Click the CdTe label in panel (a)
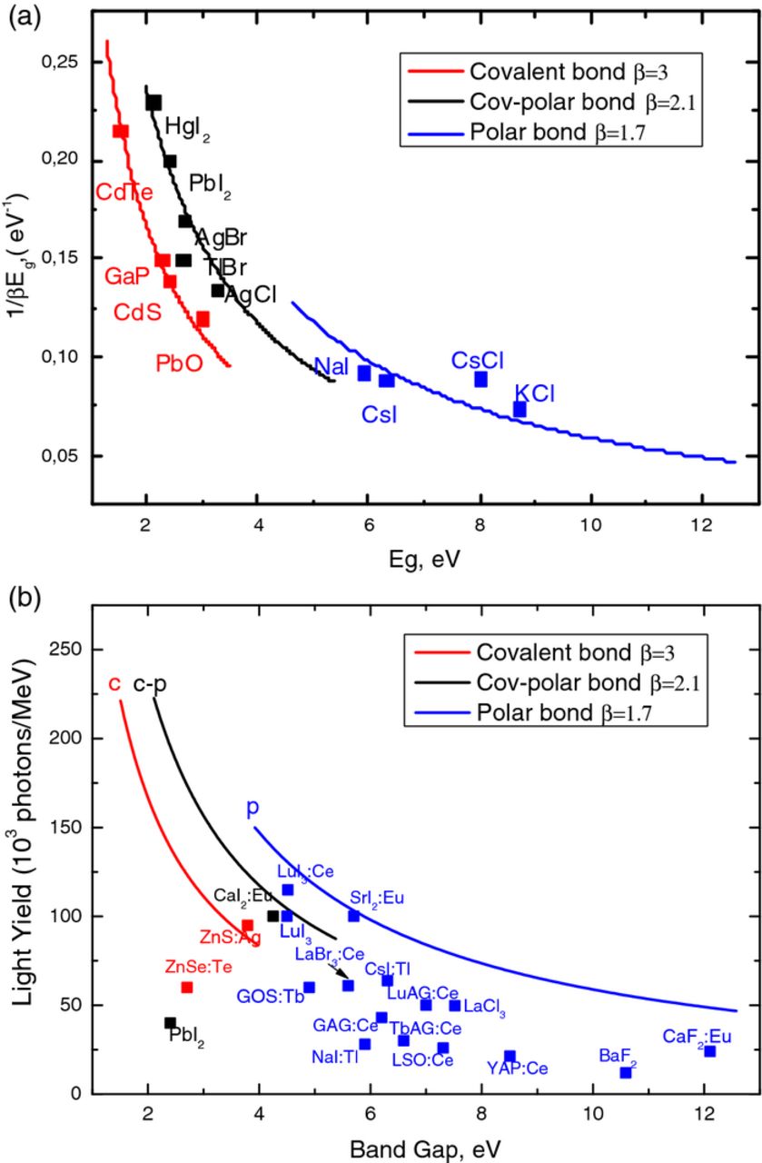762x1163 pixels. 124,191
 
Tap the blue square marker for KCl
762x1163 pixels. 520,410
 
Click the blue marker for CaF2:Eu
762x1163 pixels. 710,1051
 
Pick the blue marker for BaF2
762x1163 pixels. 626,1072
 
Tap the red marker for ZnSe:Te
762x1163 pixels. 187,987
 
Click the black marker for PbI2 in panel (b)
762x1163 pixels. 170,1022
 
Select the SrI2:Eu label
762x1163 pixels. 377,898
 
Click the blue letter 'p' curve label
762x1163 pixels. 253,807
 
